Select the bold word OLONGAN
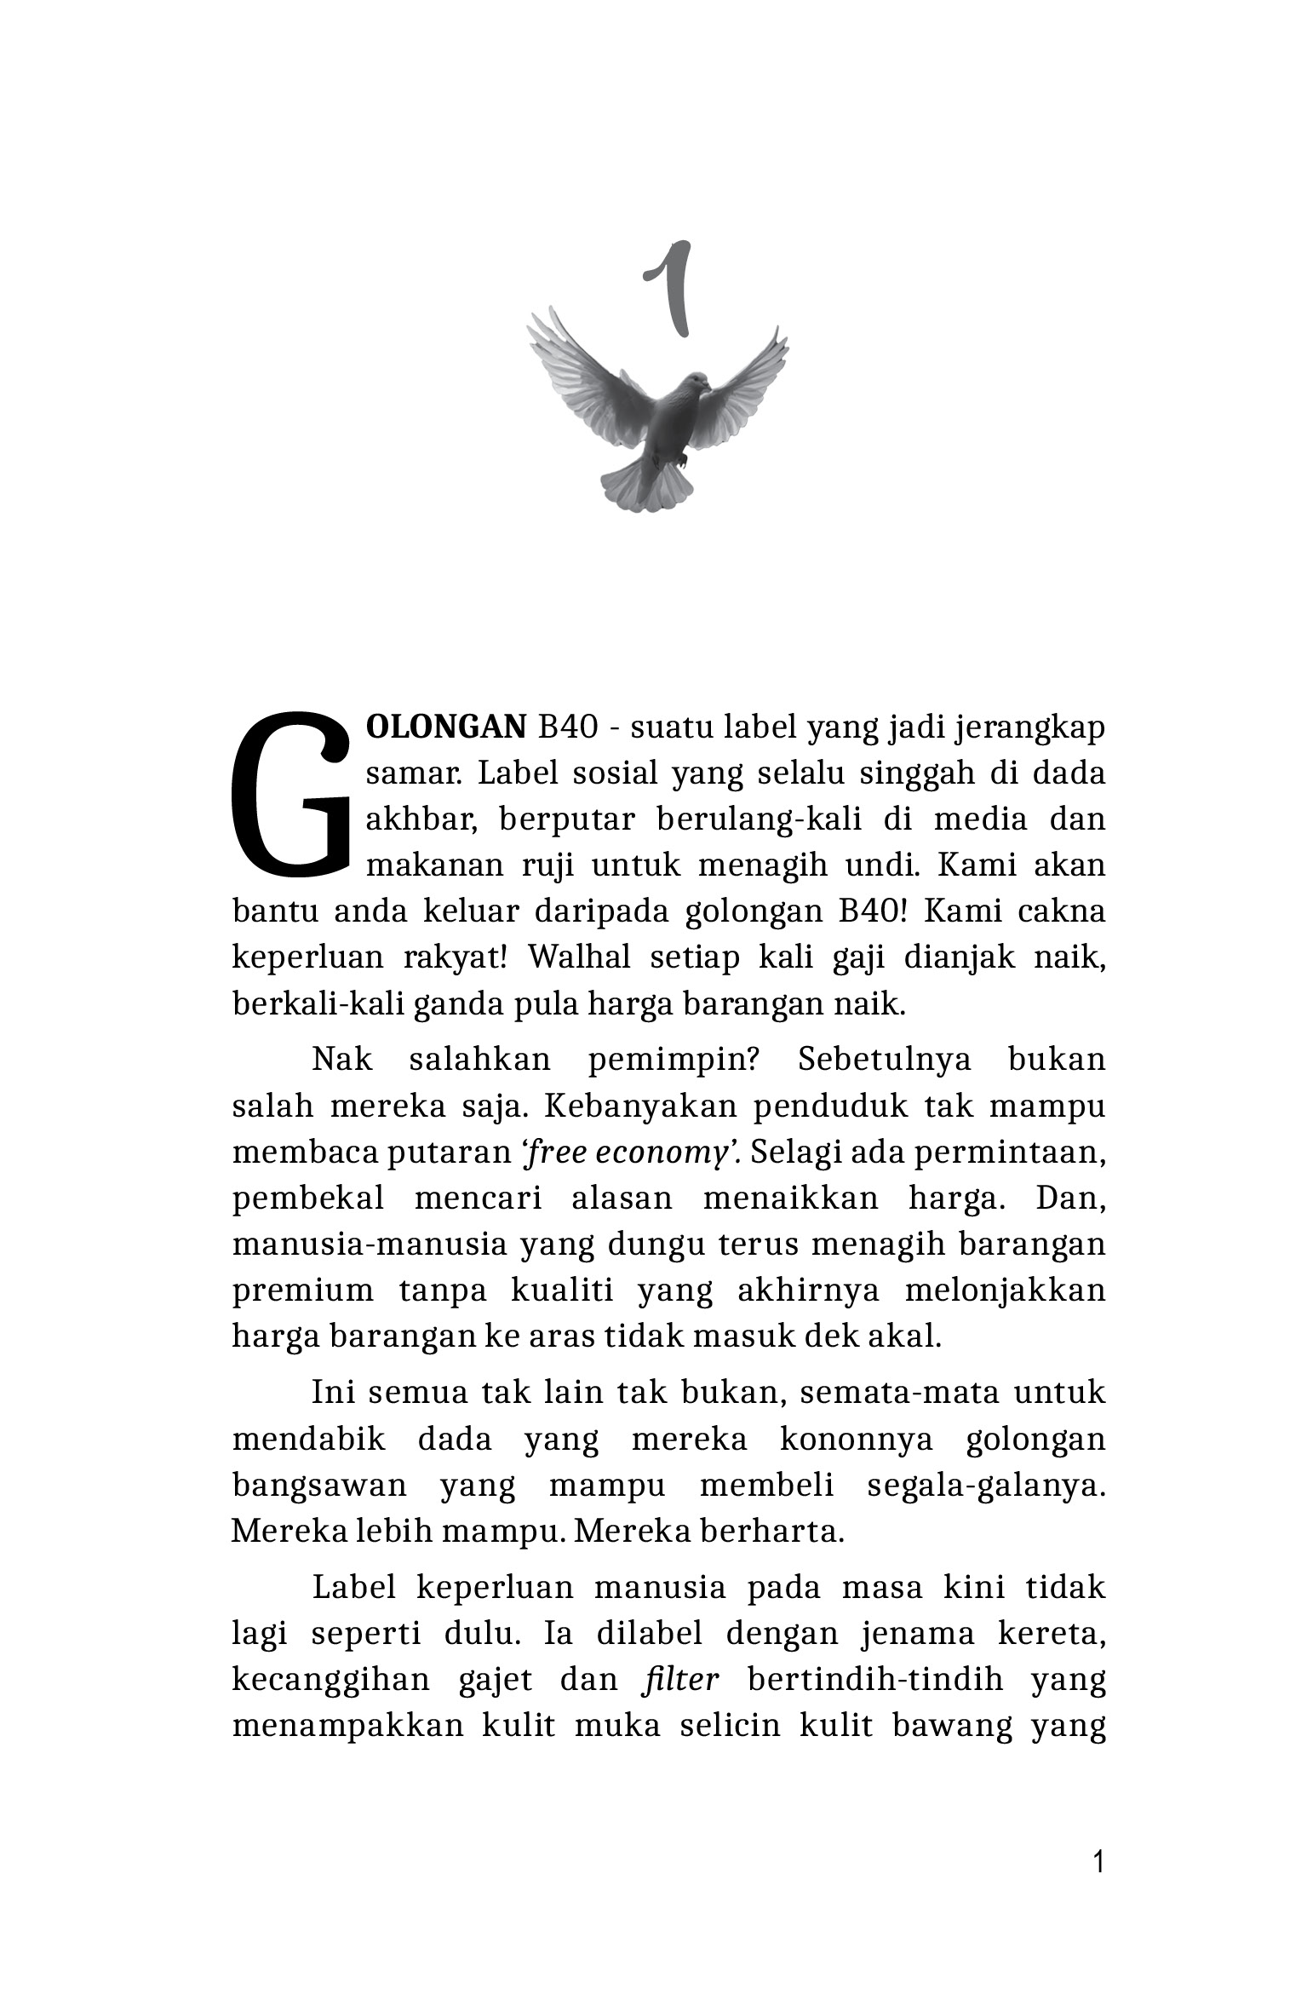(x=446, y=727)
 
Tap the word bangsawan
(x=319, y=1485)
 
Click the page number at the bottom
(x=1098, y=1863)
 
